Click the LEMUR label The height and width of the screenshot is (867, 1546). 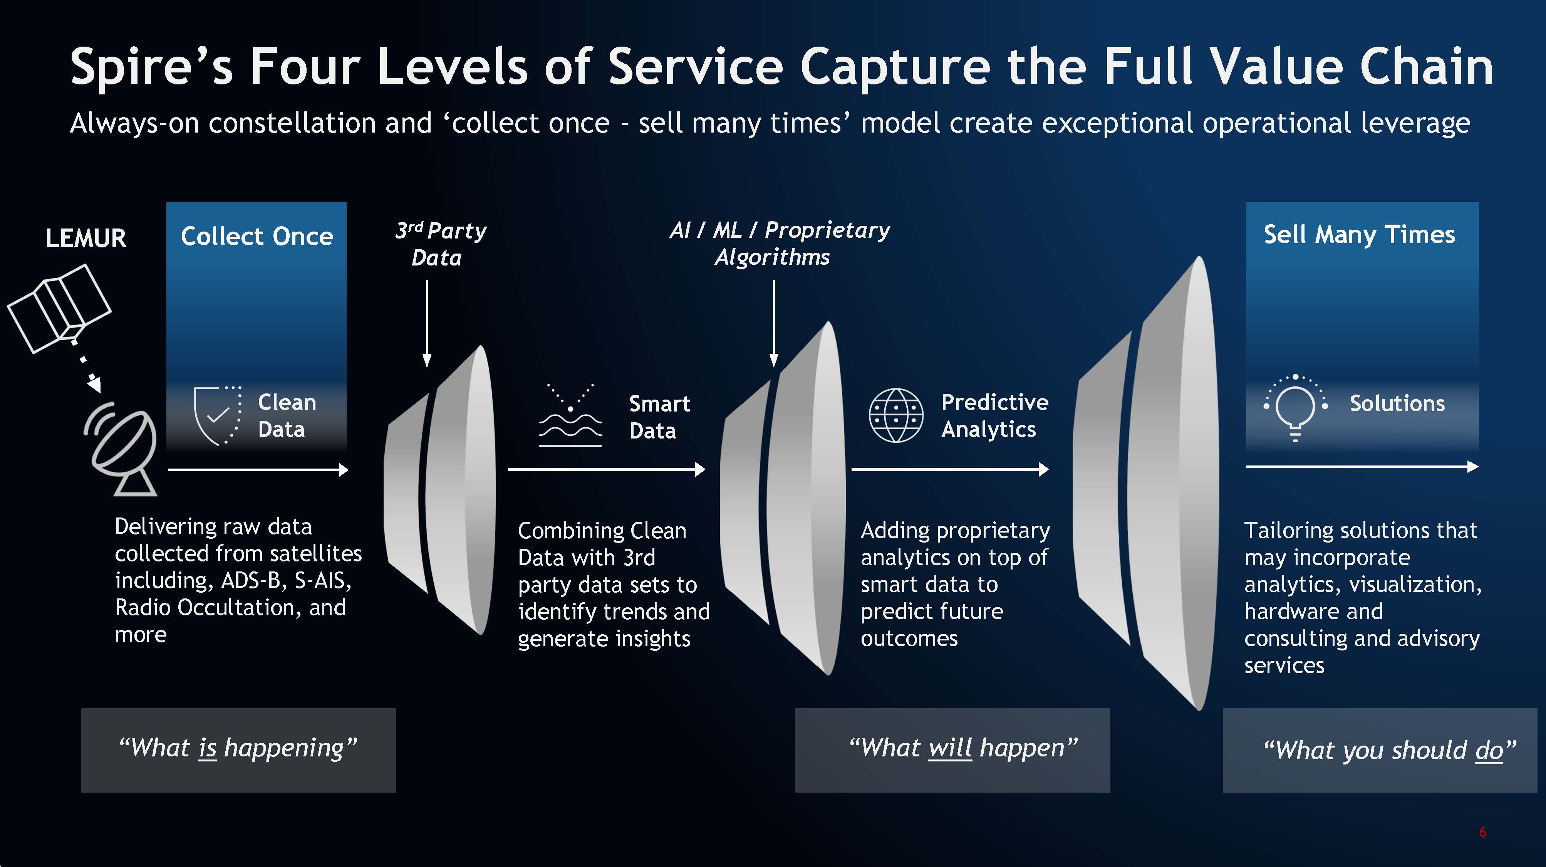point(86,239)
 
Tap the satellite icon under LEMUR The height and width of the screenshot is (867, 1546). point(59,307)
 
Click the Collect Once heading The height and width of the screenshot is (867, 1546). point(257,236)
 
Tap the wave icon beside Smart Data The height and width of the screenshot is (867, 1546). point(570,415)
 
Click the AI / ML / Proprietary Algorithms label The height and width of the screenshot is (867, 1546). point(779,243)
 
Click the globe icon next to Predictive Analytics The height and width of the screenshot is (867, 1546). point(895,415)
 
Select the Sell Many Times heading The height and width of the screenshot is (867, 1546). point(1359,234)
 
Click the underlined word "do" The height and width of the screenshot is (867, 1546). point(1489,751)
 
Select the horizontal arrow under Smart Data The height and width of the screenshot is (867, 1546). point(606,469)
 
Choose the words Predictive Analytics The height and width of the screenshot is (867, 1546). point(994,415)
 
